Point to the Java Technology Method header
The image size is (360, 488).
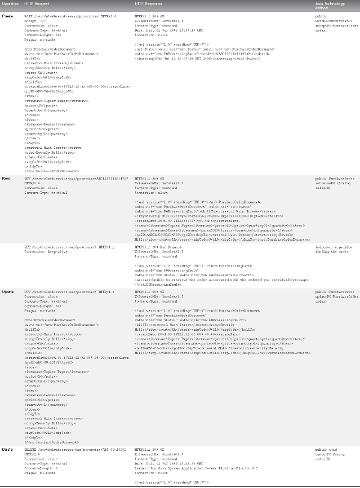click(328, 5)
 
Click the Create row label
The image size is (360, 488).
click(8, 16)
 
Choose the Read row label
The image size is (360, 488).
click(7, 179)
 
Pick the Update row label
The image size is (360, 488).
click(8, 292)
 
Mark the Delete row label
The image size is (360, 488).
click(8, 449)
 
